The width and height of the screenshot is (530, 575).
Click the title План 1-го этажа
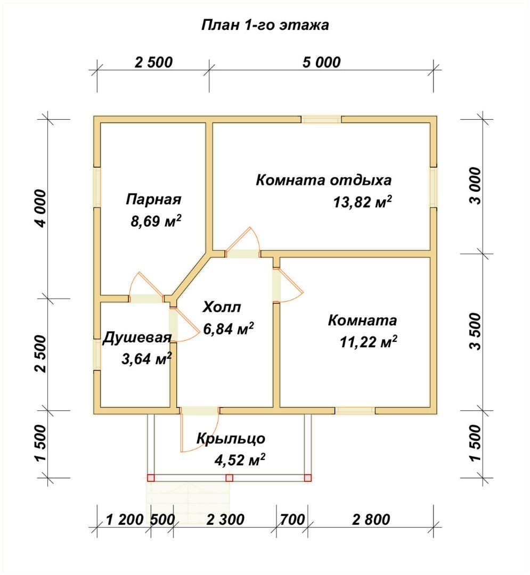pyautogui.click(x=265, y=26)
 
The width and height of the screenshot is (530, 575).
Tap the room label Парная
pyautogui.click(x=154, y=200)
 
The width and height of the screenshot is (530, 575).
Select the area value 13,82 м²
pyautogui.click(x=362, y=202)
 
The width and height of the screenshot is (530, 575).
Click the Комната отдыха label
pyautogui.click(x=323, y=180)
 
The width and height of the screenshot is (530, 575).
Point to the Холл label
pyautogui.click(x=222, y=307)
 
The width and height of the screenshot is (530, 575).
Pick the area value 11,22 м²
pyautogui.click(x=368, y=342)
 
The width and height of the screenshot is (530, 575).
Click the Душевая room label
pyautogui.click(x=137, y=338)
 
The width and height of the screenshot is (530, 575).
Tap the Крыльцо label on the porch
pyautogui.click(x=231, y=439)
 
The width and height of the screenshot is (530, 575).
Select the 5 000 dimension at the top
pyautogui.click(x=322, y=62)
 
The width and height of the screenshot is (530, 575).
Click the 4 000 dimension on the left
pyautogui.click(x=41, y=208)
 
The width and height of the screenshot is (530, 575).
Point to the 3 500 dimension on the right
pyautogui.click(x=475, y=332)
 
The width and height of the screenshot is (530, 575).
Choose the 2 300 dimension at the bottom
pyautogui.click(x=225, y=520)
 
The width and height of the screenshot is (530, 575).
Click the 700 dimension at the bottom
pyautogui.click(x=292, y=520)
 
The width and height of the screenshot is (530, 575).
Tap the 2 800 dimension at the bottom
pyautogui.click(x=371, y=520)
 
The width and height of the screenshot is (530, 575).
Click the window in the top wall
pyautogui.click(x=321, y=120)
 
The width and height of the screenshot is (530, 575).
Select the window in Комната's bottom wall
pyautogui.click(x=355, y=410)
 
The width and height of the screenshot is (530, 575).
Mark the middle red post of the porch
pyautogui.click(x=229, y=478)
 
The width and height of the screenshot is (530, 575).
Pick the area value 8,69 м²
pyautogui.click(x=156, y=221)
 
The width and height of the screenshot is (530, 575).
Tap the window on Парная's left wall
pyautogui.click(x=97, y=188)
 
